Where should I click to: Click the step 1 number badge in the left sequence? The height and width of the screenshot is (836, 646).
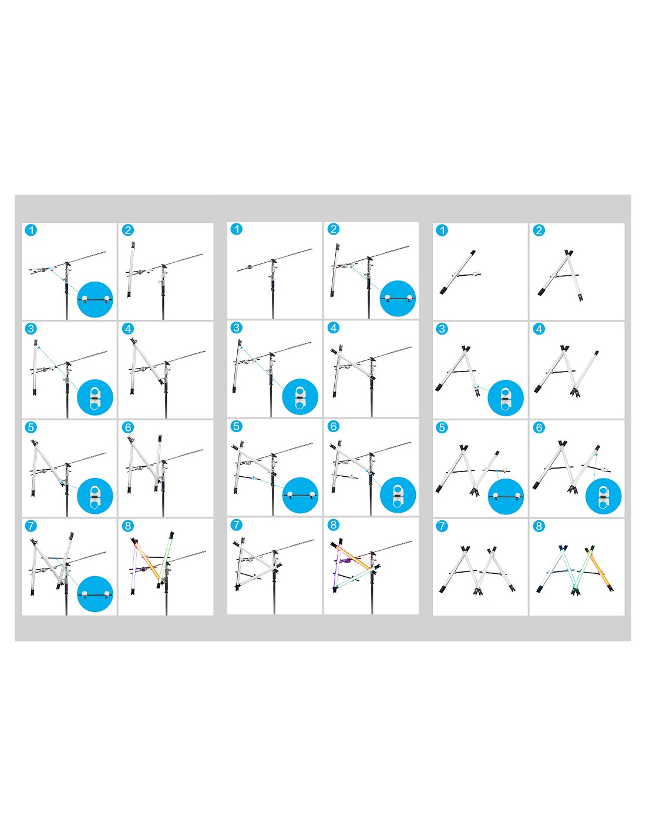pos(31,230)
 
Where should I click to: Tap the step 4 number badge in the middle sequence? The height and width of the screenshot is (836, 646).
pos(334,327)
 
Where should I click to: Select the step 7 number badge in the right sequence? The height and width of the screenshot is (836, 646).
pos(442,526)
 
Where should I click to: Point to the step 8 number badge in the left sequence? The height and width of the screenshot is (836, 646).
pos(128,526)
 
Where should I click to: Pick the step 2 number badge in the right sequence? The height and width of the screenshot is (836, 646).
pos(539,230)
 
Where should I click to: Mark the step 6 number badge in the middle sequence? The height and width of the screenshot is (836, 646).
pos(334,426)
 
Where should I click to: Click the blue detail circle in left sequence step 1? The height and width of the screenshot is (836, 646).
pos(95,299)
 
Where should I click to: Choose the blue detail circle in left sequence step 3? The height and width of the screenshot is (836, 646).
pos(95,397)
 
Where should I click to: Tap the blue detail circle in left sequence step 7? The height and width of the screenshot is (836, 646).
pos(95,594)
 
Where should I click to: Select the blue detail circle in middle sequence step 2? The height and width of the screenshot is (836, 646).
pos(398,298)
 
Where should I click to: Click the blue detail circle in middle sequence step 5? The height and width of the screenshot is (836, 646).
pos(301,495)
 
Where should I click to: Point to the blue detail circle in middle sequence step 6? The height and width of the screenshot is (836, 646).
pos(398,495)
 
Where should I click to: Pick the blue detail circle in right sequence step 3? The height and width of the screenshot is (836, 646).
pos(506,398)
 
